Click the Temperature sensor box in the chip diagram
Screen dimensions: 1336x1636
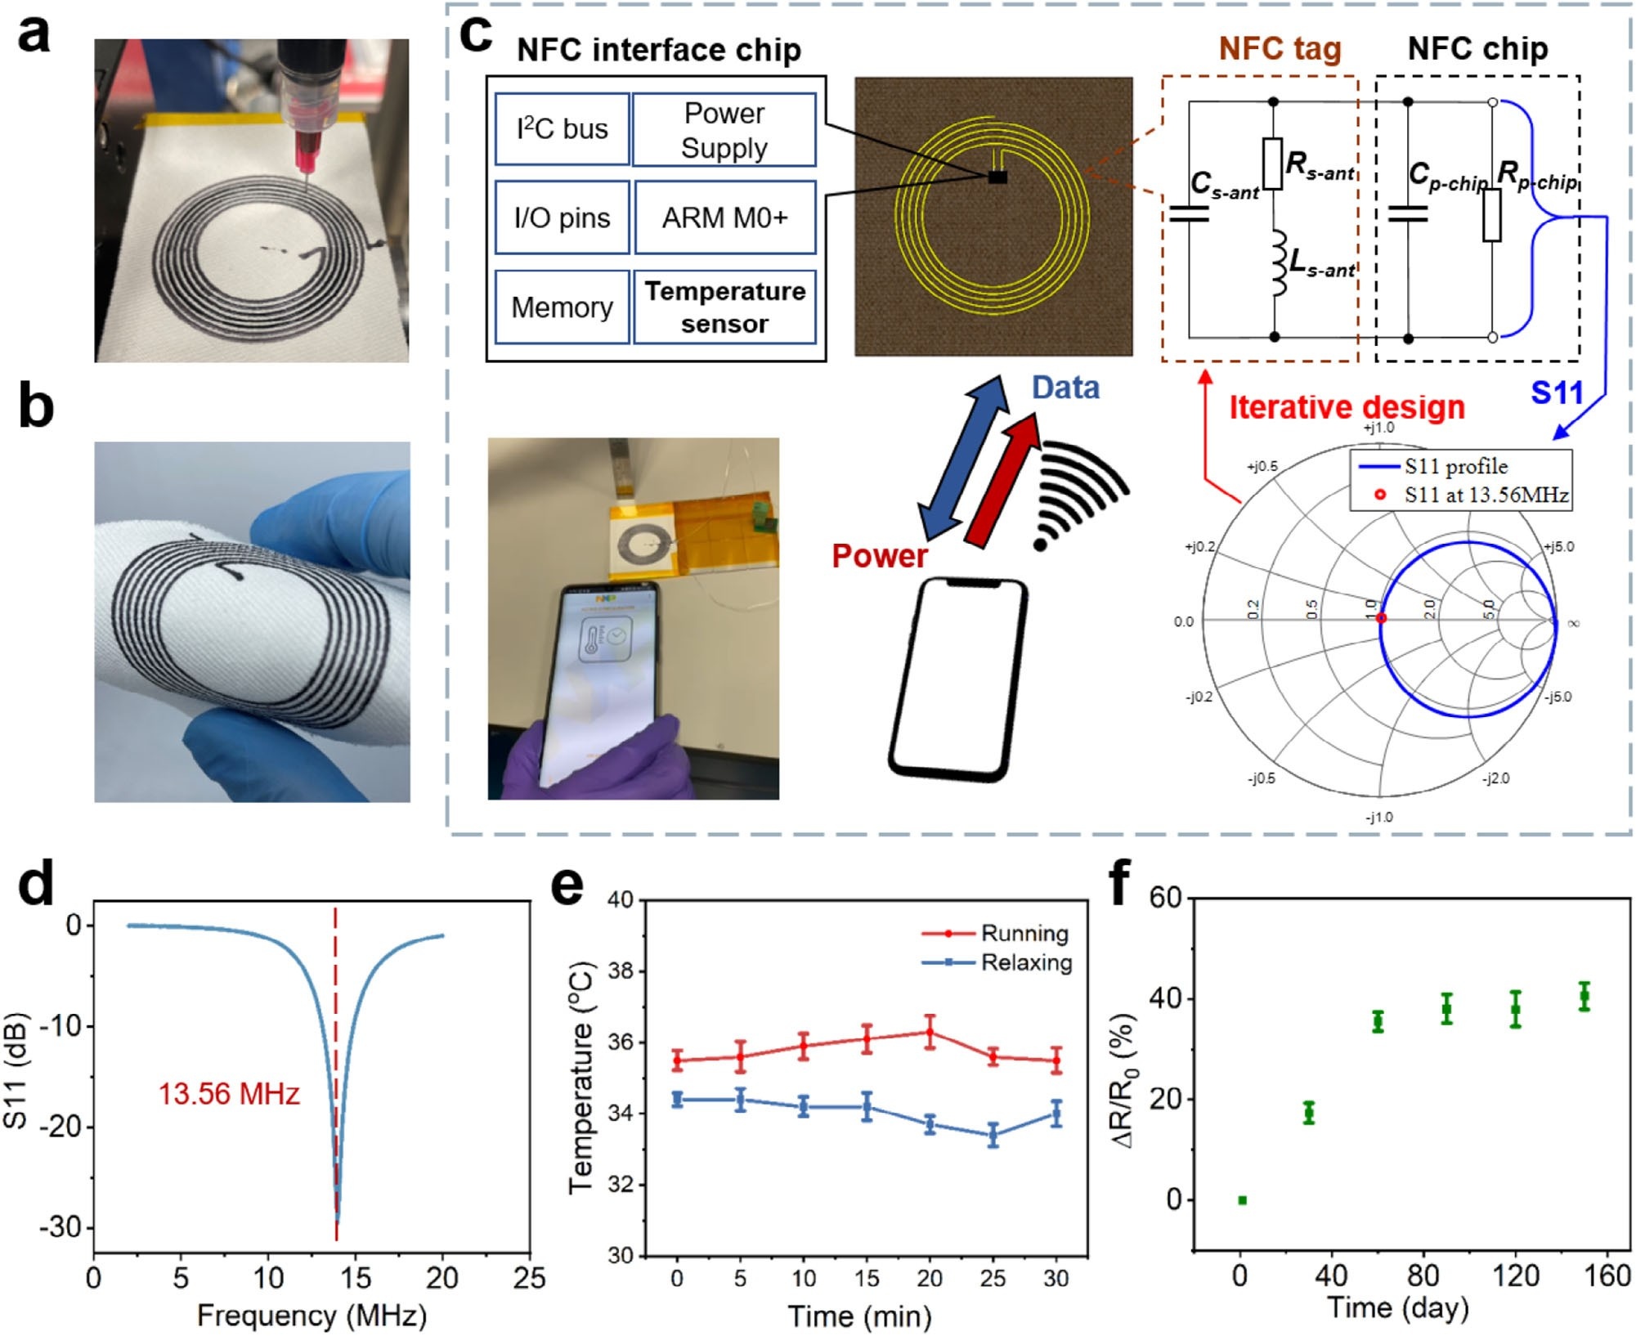pyautogui.click(x=724, y=307)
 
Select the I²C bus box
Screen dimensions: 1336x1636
pyautogui.click(x=562, y=129)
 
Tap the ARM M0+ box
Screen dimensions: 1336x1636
pyautogui.click(x=724, y=218)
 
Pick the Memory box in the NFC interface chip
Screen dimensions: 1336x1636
pyautogui.click(x=562, y=307)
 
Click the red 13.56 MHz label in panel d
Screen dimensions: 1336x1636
pyautogui.click(x=229, y=1094)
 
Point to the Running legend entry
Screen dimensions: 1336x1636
pyautogui.click(x=1024, y=934)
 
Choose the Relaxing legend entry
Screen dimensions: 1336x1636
pyautogui.click(x=1025, y=963)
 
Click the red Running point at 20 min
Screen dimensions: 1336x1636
pyautogui.click(x=930, y=1032)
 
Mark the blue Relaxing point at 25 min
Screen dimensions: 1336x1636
pyautogui.click(x=993, y=1135)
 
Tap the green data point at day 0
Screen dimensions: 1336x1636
pyautogui.click(x=1242, y=1200)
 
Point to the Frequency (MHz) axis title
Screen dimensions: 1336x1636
pyautogui.click(x=312, y=1316)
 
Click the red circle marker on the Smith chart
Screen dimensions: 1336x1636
pyautogui.click(x=1381, y=619)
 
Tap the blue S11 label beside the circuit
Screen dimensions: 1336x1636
pyautogui.click(x=1557, y=393)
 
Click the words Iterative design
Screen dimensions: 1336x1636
pyautogui.click(x=1347, y=407)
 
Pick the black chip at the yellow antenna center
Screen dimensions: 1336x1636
pyautogui.click(x=997, y=177)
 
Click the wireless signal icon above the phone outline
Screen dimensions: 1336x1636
pyautogui.click(x=1079, y=495)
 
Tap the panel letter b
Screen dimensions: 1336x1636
pyautogui.click(x=36, y=406)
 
